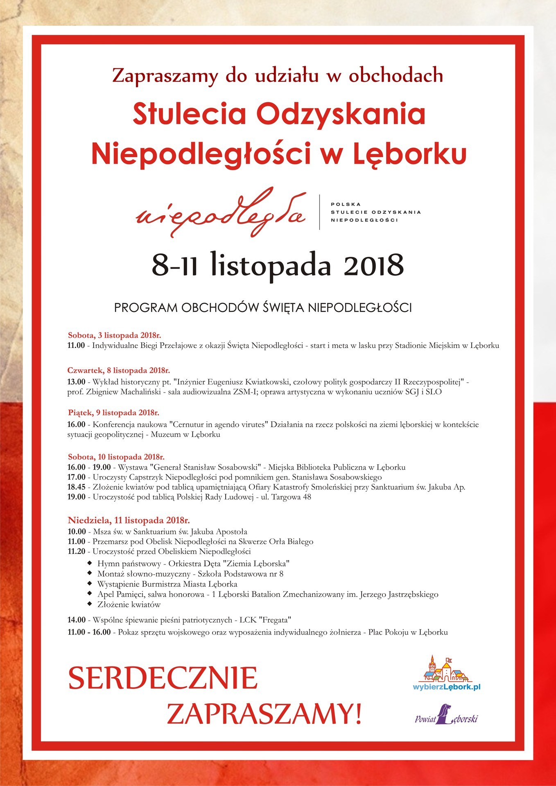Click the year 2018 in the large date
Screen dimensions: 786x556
[x=373, y=265]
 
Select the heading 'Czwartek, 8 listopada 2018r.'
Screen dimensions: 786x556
[x=118, y=371]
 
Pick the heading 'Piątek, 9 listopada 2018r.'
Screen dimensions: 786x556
[x=113, y=413]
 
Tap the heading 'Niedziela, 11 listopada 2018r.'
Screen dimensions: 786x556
[x=129, y=521]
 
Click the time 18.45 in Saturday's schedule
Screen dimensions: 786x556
[x=77, y=487]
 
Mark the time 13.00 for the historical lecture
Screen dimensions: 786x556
[x=77, y=382]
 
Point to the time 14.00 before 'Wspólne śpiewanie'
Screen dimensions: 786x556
[x=77, y=620]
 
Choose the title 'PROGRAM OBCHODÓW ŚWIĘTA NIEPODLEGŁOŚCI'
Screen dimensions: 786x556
[x=263, y=308]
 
